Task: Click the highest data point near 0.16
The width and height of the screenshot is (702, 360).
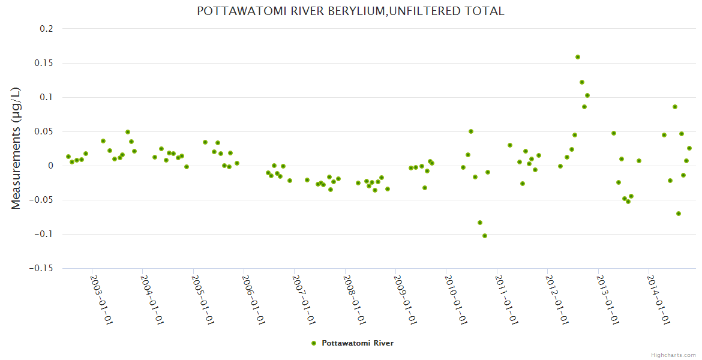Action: click(578, 57)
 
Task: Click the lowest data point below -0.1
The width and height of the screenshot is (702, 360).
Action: click(485, 236)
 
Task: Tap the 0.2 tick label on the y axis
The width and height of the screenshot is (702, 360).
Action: click(46, 29)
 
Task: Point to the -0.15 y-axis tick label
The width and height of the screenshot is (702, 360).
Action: click(41, 268)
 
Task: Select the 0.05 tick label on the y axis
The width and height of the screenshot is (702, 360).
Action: click(43, 131)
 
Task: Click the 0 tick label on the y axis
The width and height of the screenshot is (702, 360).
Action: click(50, 166)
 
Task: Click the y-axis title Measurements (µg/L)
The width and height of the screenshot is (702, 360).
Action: click(16, 148)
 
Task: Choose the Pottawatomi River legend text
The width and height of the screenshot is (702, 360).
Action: click(358, 343)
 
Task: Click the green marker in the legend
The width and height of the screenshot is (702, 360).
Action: click(313, 343)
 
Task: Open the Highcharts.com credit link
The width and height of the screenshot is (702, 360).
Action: click(673, 355)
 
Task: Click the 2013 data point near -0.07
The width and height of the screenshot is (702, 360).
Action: click(679, 214)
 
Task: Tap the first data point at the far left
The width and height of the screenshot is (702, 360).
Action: click(68, 157)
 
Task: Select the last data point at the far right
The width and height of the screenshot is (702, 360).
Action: click(689, 148)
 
